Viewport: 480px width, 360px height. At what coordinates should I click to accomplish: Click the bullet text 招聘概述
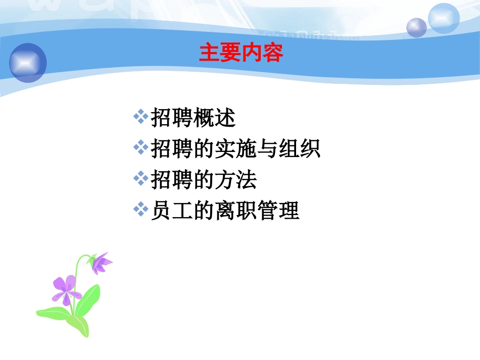click(x=193, y=118)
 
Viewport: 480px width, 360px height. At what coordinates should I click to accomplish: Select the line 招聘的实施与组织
click(x=235, y=149)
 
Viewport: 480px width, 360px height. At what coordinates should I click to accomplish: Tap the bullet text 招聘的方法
click(x=204, y=180)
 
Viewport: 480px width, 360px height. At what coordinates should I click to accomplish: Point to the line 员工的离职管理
click(x=225, y=211)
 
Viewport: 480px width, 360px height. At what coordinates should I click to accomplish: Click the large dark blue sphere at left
click(x=28, y=63)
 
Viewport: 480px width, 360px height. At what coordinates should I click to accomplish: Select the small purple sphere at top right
click(x=416, y=27)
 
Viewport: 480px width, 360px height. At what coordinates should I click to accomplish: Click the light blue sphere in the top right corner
click(x=444, y=18)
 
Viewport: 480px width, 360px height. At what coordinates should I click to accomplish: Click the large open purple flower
click(x=65, y=290)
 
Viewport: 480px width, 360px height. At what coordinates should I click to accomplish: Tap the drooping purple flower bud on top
click(x=101, y=263)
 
